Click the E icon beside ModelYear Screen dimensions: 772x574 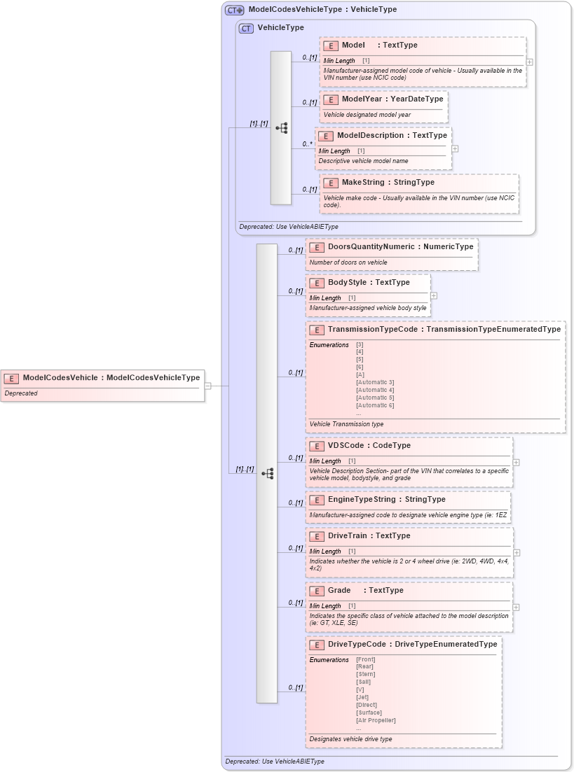[331, 100]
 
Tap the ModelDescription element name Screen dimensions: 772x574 [370, 136]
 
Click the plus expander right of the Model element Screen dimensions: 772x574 [529, 62]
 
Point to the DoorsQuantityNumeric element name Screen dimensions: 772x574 [371, 247]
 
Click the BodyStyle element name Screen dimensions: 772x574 [348, 283]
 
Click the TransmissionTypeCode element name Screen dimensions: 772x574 [372, 330]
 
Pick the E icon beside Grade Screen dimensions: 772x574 [317, 591]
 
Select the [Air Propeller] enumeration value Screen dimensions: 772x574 [376, 720]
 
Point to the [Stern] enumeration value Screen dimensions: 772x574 [365, 674]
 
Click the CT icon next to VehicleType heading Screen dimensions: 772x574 [246, 29]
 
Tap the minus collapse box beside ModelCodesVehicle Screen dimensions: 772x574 [208, 386]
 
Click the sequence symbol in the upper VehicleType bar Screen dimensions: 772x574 [281, 128]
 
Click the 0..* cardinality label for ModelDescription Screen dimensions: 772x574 [307, 143]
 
